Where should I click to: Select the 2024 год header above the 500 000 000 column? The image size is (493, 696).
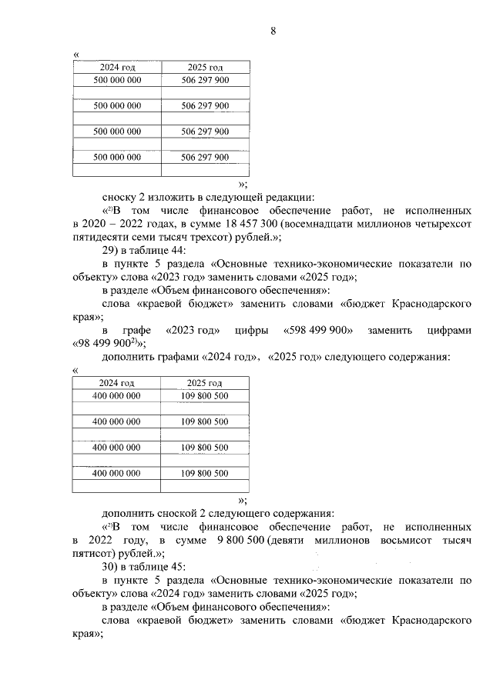coord(117,68)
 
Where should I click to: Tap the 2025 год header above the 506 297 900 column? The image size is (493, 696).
coord(205,68)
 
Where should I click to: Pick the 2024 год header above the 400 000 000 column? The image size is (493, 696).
coord(117,383)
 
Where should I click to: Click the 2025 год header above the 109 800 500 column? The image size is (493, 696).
coord(205,383)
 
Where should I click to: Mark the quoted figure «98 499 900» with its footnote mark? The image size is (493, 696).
coord(109,344)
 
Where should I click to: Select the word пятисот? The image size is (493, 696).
coord(91,553)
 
